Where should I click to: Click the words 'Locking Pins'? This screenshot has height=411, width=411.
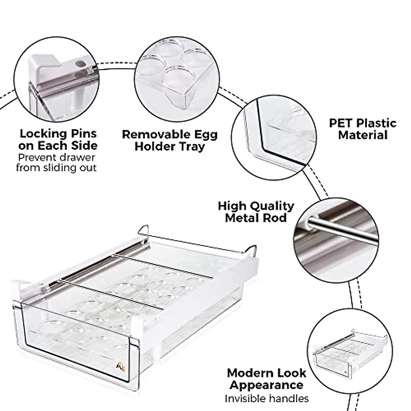pyautogui.click(x=58, y=134)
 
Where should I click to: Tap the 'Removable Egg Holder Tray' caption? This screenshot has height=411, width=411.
pyautogui.click(x=170, y=140)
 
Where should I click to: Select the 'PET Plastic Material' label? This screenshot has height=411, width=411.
pyautogui.click(x=362, y=129)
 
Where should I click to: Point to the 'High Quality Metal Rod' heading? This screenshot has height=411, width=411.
pyautogui.click(x=256, y=212)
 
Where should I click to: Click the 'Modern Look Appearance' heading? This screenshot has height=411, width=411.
pyautogui.click(x=266, y=378)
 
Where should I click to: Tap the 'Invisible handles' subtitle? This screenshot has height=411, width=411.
pyautogui.click(x=266, y=399)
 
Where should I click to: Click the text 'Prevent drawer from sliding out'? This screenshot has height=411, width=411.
pyautogui.click(x=57, y=163)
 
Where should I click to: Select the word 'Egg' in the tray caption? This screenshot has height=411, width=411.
pyautogui.click(x=204, y=134)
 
